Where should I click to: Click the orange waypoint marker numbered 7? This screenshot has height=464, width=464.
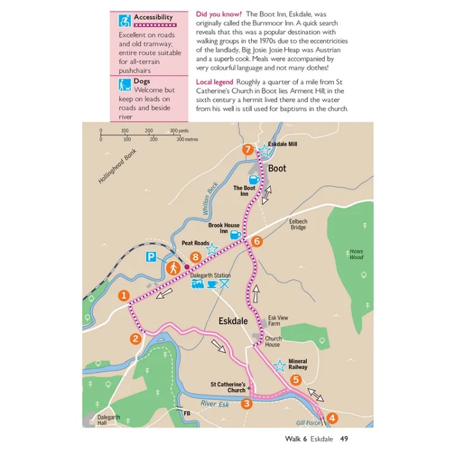point(248,150)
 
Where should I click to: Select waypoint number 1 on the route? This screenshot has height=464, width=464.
point(124,296)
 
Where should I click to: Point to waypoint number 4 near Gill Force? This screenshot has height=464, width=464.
point(332,418)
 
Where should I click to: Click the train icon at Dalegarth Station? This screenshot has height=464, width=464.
point(198,284)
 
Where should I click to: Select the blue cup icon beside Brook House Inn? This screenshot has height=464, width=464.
point(236,234)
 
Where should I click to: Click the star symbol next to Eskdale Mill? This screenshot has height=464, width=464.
point(264,150)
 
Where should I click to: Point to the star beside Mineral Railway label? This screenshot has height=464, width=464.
point(280,365)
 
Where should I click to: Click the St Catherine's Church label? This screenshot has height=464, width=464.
point(228,387)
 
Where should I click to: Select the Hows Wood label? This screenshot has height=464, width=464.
point(356,254)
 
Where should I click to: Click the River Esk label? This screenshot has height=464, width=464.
point(215,404)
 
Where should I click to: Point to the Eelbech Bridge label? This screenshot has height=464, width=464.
point(298,224)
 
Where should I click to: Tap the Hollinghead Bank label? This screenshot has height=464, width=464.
point(117,168)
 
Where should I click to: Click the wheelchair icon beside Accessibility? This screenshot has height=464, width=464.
point(124,20)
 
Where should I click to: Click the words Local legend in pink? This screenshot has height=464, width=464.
point(214,82)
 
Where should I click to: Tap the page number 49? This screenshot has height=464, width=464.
point(344,439)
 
